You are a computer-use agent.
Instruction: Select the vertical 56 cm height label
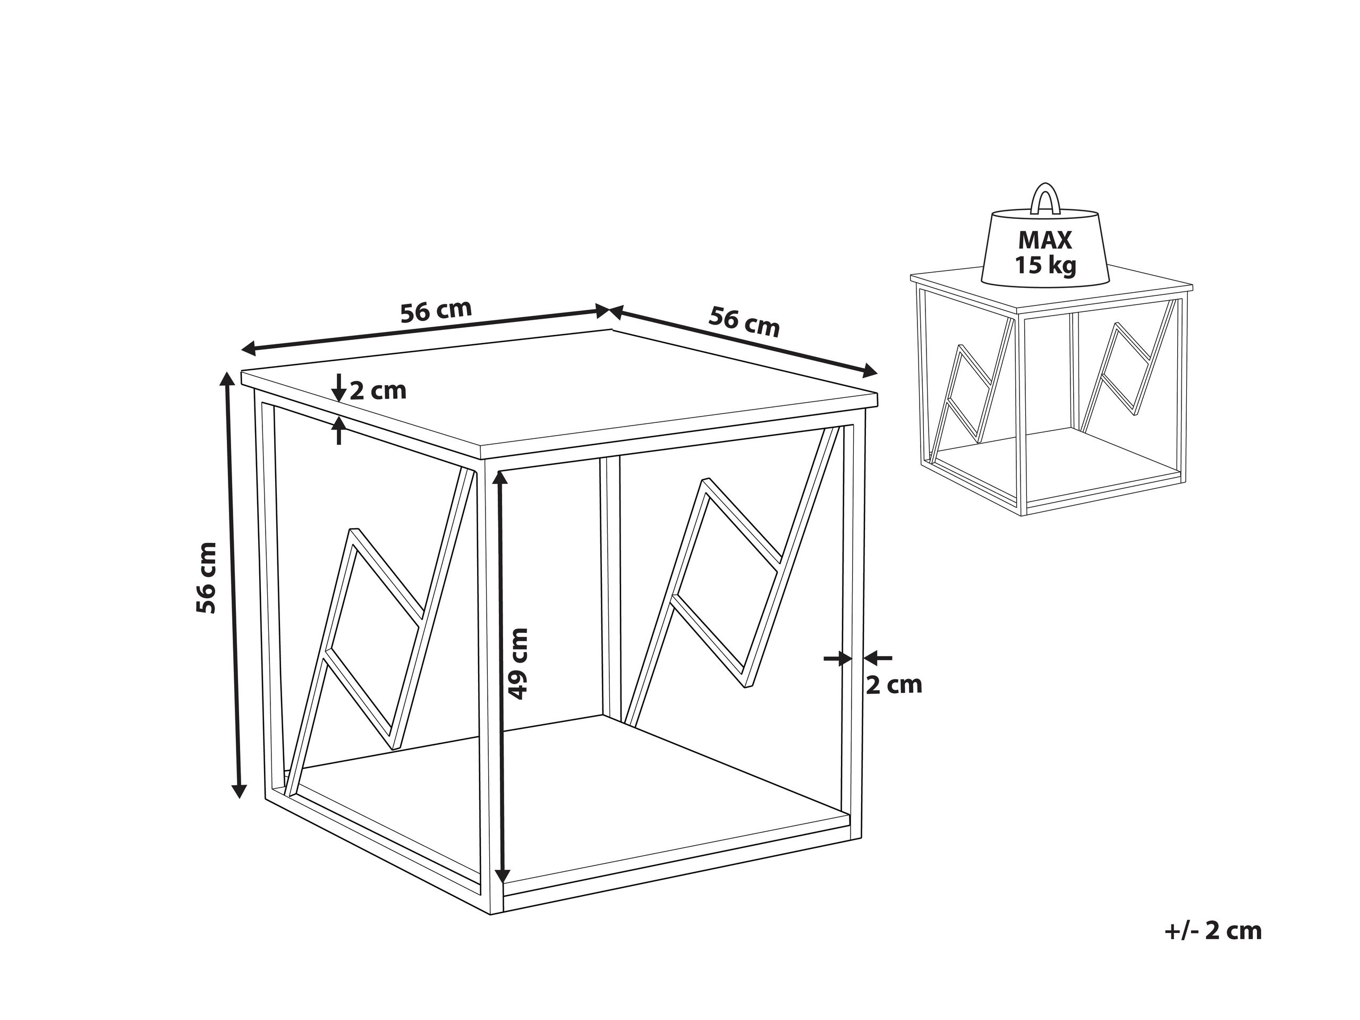tap(207, 577)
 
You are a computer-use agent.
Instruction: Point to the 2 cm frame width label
tap(894, 685)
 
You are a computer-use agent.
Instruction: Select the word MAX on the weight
tap(1045, 240)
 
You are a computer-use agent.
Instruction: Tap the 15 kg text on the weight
tap(1045, 266)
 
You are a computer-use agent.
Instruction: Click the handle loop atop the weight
tap(1045, 199)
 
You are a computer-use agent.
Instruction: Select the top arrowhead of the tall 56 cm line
tap(227, 380)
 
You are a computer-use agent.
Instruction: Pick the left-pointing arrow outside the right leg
tap(878, 658)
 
